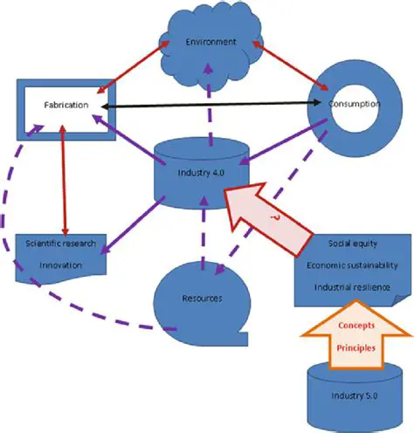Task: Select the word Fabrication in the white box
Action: pyautogui.click(x=65, y=105)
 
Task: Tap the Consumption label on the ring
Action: pyautogui.click(x=354, y=105)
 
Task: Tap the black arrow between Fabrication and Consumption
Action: pyautogui.click(x=210, y=105)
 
